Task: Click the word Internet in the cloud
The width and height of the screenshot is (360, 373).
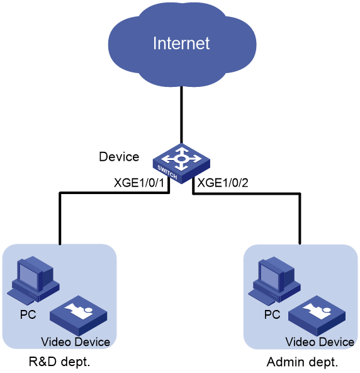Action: [x=181, y=43]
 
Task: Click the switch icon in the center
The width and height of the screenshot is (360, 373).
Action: [x=181, y=164]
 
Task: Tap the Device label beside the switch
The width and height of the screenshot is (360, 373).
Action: [x=119, y=157]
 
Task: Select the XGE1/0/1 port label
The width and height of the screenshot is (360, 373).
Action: [x=139, y=183]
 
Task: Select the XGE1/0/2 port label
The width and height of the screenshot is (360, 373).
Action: [x=223, y=183]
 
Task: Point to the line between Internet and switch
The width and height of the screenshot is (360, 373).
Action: [x=181, y=115]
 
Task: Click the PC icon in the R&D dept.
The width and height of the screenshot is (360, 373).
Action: [x=33, y=280]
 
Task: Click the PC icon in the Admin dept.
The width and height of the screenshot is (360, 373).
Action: [x=274, y=280]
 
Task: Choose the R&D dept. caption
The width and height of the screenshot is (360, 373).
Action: [x=59, y=362]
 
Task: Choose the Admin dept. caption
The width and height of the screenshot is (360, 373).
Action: [x=302, y=362]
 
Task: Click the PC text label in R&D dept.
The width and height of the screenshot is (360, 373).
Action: [x=28, y=314]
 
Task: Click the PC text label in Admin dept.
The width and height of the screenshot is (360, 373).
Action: [x=273, y=314]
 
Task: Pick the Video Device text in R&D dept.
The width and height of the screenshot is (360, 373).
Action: [x=76, y=342]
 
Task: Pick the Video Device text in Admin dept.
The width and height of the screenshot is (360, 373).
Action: [x=320, y=342]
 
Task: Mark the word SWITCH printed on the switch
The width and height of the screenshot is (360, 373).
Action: [x=167, y=172]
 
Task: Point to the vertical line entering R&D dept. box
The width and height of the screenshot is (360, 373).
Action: [x=60, y=219]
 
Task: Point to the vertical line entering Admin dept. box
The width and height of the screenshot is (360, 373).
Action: [x=300, y=219]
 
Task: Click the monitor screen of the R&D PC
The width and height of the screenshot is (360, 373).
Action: [x=28, y=276]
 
